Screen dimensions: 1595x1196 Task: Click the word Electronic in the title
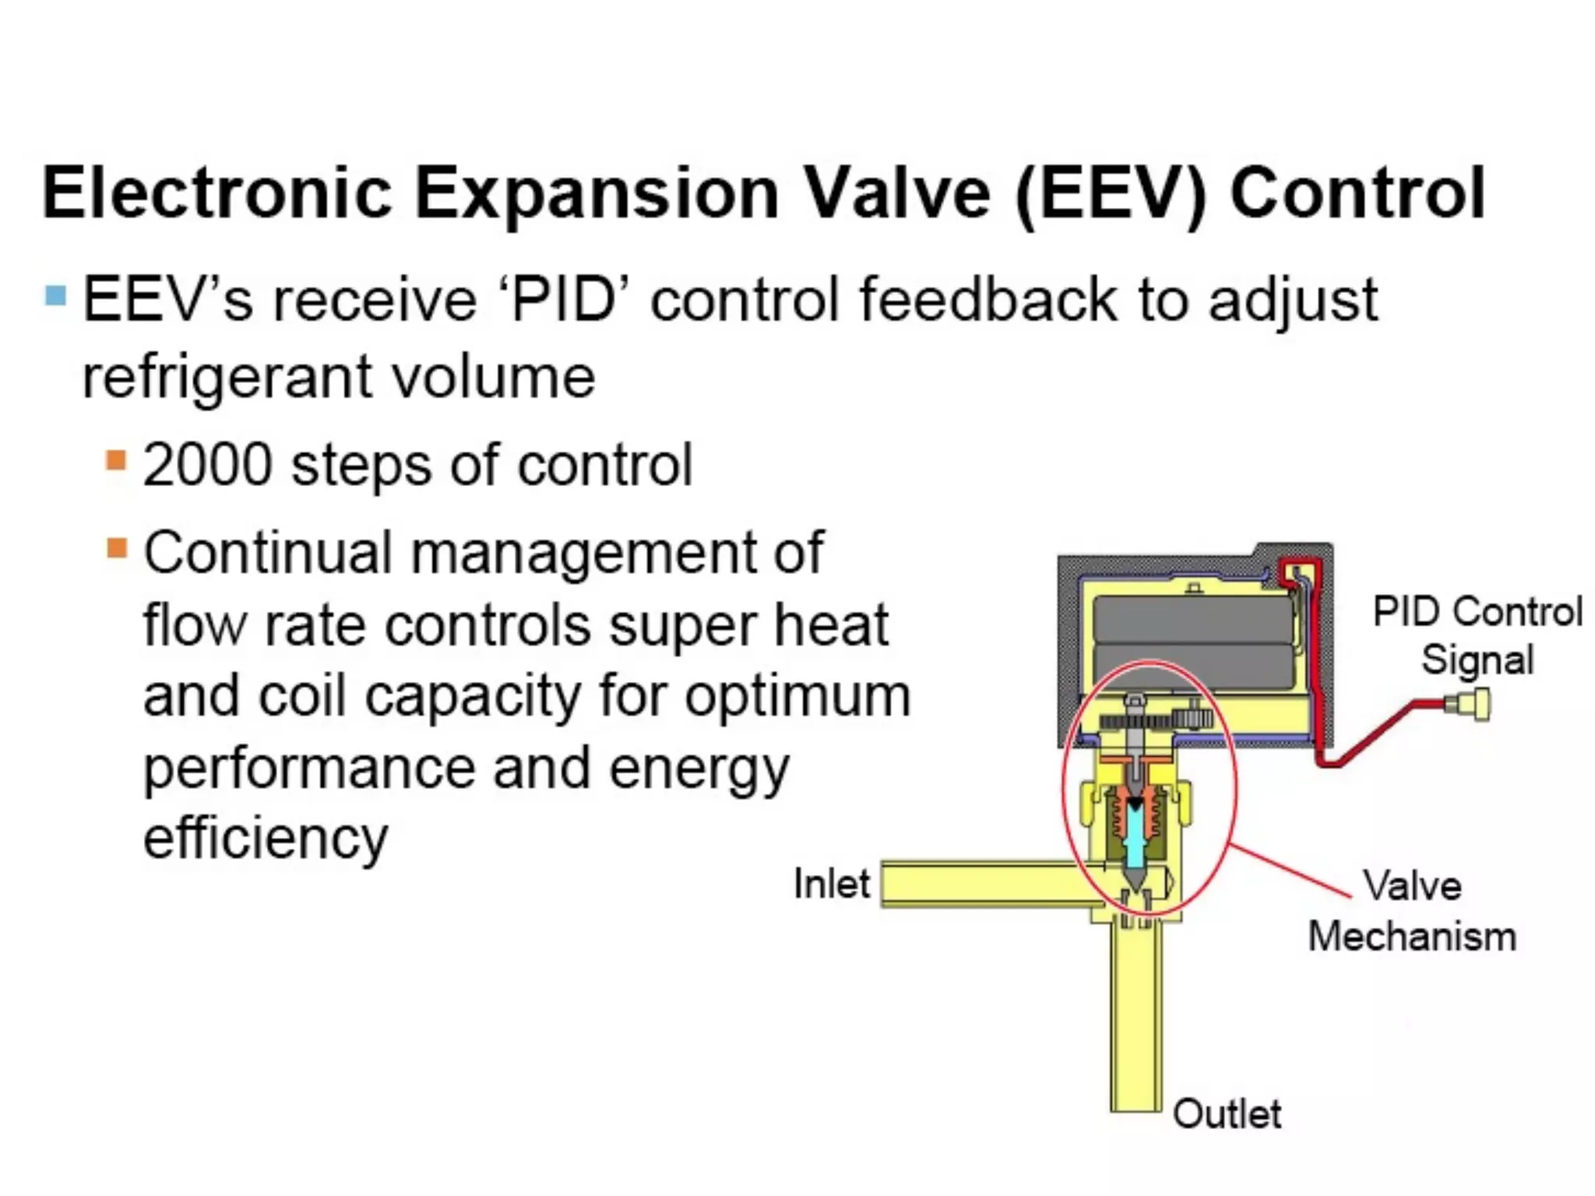click(x=217, y=193)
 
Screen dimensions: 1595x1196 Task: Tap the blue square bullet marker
click(x=55, y=296)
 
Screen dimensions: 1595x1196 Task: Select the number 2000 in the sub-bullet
click(x=207, y=466)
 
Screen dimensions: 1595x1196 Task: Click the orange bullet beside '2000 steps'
click(x=116, y=460)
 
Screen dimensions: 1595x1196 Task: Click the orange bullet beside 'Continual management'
click(x=116, y=548)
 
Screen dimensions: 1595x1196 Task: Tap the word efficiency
click(x=266, y=838)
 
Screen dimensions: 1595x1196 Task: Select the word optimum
click(x=797, y=695)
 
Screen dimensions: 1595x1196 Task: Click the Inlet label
click(x=831, y=884)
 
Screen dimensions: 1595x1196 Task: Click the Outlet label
click(x=1227, y=1113)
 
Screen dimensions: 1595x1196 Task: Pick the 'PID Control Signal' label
click(x=1477, y=635)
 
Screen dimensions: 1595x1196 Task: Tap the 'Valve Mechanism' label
click(x=1411, y=911)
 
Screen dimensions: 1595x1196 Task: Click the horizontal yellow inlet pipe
click(x=989, y=885)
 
